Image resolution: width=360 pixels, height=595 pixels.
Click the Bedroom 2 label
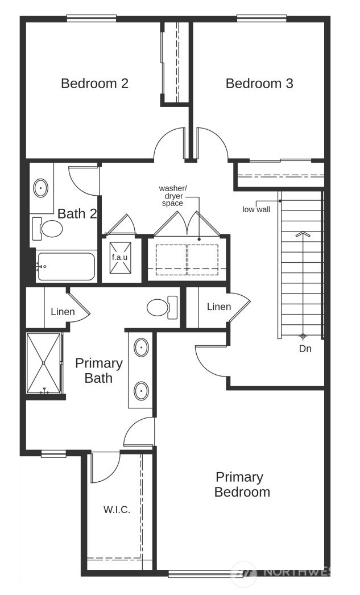(x=94, y=84)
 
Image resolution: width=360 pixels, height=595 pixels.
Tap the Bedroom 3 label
(x=259, y=84)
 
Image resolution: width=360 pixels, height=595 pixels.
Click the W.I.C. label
(x=117, y=510)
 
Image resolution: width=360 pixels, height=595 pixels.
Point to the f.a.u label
(x=120, y=257)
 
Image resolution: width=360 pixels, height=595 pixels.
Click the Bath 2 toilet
(x=49, y=229)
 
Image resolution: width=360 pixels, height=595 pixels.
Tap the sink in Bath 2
(x=41, y=188)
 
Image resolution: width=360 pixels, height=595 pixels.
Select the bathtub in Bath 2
(x=65, y=266)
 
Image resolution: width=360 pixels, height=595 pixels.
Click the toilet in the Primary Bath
(x=162, y=308)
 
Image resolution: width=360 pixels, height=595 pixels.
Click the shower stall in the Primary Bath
(x=43, y=363)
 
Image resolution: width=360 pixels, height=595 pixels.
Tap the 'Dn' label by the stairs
(x=305, y=349)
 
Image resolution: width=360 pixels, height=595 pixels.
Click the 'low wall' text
(x=256, y=209)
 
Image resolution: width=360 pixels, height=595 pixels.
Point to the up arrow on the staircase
(x=303, y=233)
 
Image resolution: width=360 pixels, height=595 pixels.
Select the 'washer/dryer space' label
(x=173, y=195)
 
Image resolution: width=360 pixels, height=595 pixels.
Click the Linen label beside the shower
(x=63, y=312)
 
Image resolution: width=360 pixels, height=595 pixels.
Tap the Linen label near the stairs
(x=218, y=307)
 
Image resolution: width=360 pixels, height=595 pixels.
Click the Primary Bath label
(x=98, y=370)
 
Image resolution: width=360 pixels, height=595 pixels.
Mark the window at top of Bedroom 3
(x=261, y=18)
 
